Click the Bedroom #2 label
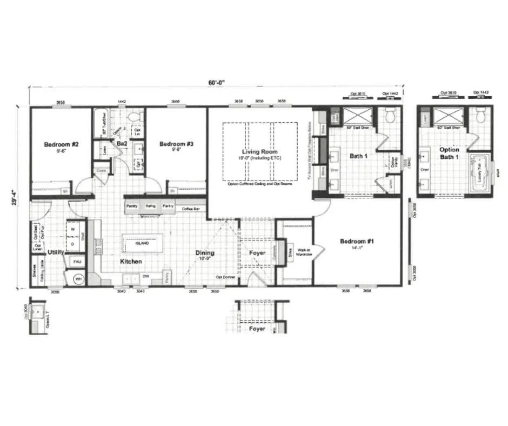62,144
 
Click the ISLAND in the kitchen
142,244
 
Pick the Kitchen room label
131,262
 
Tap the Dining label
205,252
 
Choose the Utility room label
56,252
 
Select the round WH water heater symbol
78,279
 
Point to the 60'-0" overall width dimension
216,82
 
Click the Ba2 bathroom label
122,144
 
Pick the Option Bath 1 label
449,153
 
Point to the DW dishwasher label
145,276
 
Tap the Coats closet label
102,170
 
